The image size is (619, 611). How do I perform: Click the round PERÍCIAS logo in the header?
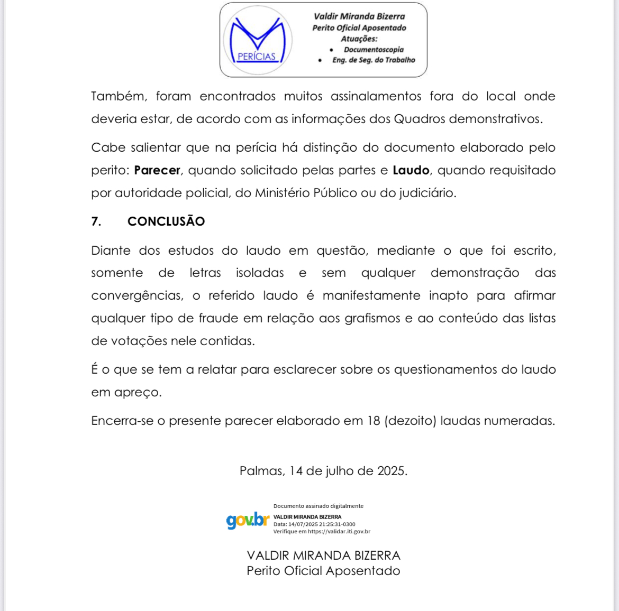click(x=258, y=40)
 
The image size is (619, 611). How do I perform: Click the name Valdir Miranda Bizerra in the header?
click(x=359, y=16)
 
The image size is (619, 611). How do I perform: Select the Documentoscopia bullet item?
click(x=374, y=50)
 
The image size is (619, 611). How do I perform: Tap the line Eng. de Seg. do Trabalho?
click(x=374, y=60)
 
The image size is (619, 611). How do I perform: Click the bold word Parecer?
click(x=157, y=170)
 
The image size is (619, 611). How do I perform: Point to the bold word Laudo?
click(x=411, y=170)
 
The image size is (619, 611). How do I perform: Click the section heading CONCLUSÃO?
click(x=166, y=221)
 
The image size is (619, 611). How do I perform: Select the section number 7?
click(x=96, y=221)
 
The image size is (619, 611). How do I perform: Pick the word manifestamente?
click(x=371, y=295)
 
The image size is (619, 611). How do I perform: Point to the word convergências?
click(x=137, y=295)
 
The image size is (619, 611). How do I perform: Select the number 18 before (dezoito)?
click(x=374, y=421)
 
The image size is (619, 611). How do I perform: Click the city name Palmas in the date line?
click(x=262, y=471)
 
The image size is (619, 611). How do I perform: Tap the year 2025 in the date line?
click(x=392, y=471)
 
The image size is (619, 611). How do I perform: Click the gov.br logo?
click(x=248, y=520)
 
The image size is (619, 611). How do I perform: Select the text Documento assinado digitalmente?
click(x=318, y=506)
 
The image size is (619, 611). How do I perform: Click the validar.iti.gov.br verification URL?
click(x=339, y=532)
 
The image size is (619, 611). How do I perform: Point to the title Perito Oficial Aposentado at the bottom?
click(x=323, y=571)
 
